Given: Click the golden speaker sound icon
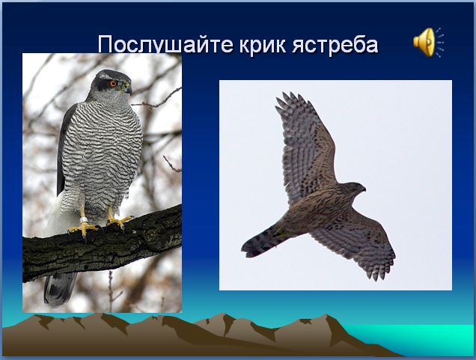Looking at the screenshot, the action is tap(428, 42).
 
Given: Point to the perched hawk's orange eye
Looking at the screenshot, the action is tap(113, 84).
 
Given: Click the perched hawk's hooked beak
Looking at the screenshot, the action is tap(129, 89).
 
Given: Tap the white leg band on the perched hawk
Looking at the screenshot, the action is tap(84, 219).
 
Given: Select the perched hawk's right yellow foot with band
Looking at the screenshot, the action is tap(84, 228).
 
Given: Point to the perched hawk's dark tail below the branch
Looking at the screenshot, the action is tap(60, 288).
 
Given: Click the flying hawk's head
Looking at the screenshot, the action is tap(354, 189).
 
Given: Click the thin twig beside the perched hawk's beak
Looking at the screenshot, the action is tap(156, 100).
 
